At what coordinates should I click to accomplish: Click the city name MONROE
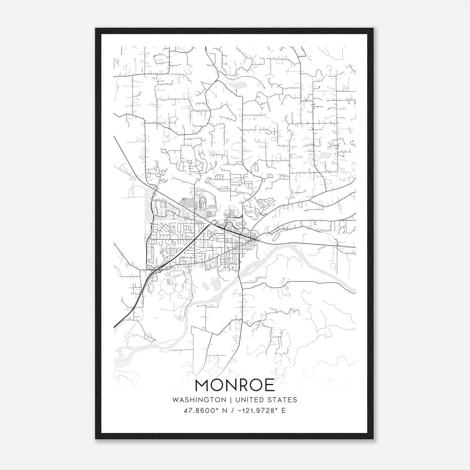point(234,385)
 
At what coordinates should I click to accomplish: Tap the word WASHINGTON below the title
point(199,400)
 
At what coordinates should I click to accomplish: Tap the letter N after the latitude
point(225,411)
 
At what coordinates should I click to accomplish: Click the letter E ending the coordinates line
point(283,411)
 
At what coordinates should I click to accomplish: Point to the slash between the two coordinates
point(233,411)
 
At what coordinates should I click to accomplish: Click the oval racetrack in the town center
point(202,202)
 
